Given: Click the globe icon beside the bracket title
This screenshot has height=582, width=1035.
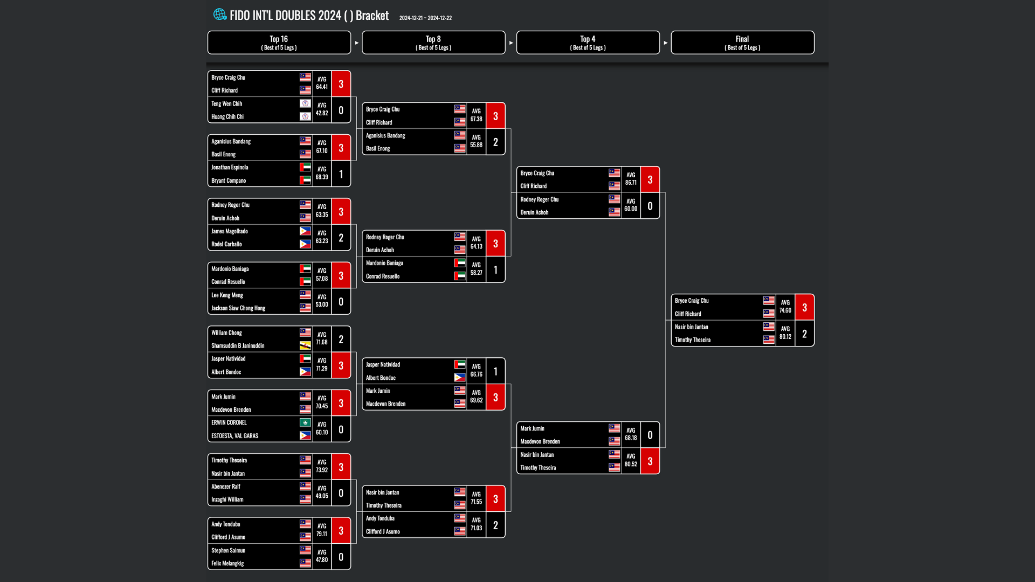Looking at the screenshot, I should [219, 15].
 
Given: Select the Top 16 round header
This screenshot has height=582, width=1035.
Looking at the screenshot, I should [279, 43].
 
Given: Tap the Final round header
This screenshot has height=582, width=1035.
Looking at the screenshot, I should [742, 43].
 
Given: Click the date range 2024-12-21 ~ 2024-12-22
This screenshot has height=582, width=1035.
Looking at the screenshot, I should [425, 18].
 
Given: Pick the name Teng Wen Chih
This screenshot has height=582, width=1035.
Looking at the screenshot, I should [226, 103].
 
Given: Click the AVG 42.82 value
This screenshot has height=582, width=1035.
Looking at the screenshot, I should [322, 110].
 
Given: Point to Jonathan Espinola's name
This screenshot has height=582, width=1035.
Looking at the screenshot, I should [230, 168].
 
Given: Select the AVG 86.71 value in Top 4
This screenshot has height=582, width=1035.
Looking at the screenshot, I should [631, 179].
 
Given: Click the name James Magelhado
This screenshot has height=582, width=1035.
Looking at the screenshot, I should [230, 231].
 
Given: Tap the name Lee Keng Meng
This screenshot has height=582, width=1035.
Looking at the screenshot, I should [227, 295].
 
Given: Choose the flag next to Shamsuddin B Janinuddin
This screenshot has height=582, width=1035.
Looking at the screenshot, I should [305, 345].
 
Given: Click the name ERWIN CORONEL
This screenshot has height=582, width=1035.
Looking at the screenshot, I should [229, 422].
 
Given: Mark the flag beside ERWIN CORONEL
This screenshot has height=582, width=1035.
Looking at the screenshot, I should [305, 422].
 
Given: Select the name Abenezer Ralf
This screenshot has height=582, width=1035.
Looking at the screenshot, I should [226, 487].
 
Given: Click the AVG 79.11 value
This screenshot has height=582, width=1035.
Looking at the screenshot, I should [322, 530].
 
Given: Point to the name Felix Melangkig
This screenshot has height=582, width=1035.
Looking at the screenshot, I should [227, 564].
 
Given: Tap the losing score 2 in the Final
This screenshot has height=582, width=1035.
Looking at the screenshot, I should [804, 334].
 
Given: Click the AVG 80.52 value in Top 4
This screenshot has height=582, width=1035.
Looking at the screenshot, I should [631, 461].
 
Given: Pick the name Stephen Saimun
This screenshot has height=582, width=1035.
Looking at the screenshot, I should [228, 551].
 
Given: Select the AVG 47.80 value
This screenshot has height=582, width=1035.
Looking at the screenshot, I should [322, 557].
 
